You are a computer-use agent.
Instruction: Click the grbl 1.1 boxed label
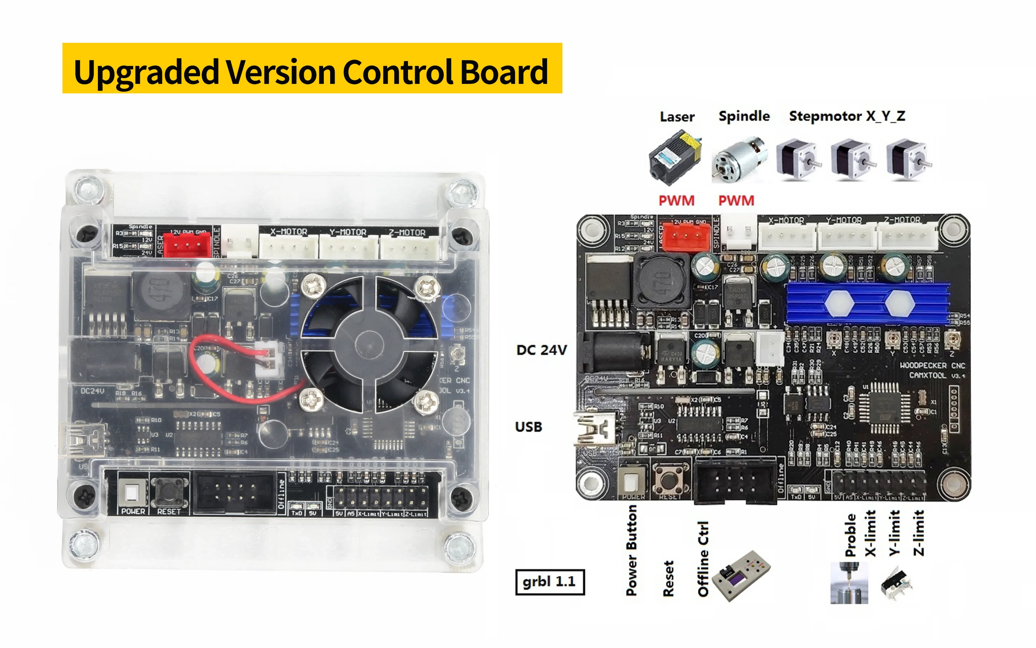pos(549,582)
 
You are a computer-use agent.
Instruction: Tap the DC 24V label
pos(541,350)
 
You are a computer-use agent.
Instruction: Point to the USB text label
pos(528,427)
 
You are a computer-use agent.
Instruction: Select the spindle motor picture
pos(739,160)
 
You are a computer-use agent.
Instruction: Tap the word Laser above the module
pos(677,117)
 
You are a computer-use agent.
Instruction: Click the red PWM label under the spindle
pos(736,200)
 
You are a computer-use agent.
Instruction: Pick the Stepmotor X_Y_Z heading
pos(847,116)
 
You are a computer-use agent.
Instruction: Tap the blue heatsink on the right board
pos(868,303)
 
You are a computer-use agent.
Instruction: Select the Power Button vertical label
pos(631,550)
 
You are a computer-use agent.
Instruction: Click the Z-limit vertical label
pos(918,533)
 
